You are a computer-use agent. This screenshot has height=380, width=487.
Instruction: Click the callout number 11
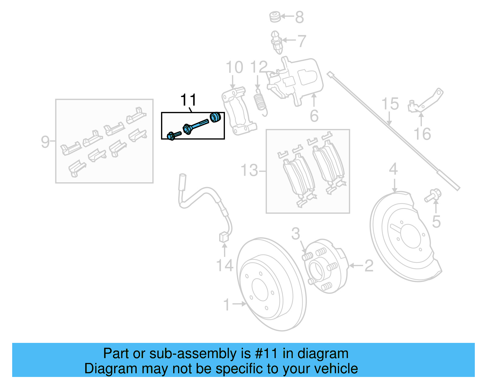coord(188,100)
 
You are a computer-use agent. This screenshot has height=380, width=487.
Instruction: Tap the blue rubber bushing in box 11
coord(215,117)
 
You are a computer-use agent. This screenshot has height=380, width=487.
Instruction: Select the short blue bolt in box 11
coord(173,135)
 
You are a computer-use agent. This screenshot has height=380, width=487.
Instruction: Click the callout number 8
coord(300,17)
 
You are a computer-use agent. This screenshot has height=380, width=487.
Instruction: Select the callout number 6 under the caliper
coord(314,116)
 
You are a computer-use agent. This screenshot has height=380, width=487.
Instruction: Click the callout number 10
coord(234,67)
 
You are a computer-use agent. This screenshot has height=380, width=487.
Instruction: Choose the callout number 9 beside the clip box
coord(45,142)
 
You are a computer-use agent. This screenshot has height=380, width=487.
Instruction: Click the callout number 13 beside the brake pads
coord(249,170)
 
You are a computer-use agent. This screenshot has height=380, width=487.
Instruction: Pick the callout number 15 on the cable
coord(390,104)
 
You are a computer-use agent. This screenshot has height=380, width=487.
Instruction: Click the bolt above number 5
coord(433,195)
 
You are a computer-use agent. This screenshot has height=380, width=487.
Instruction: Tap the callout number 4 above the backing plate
coord(393,169)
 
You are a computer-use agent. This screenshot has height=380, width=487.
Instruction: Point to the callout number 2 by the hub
coord(369,266)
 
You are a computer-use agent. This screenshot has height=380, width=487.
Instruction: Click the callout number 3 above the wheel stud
coord(295,234)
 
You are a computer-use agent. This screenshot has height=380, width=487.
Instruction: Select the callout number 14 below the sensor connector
coord(225,266)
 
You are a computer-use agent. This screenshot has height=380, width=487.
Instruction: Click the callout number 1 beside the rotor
coord(226,305)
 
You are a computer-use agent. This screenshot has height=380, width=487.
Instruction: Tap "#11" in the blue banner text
coord(266,354)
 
